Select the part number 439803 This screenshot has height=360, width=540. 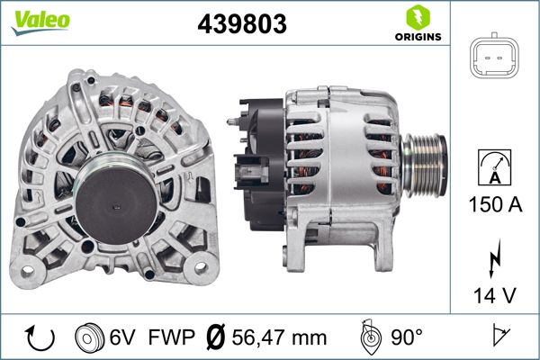241,25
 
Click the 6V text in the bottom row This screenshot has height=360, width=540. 123,337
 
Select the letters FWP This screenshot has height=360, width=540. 170,337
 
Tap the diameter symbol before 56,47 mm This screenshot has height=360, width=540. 216,337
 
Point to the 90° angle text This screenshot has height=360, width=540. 406,337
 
